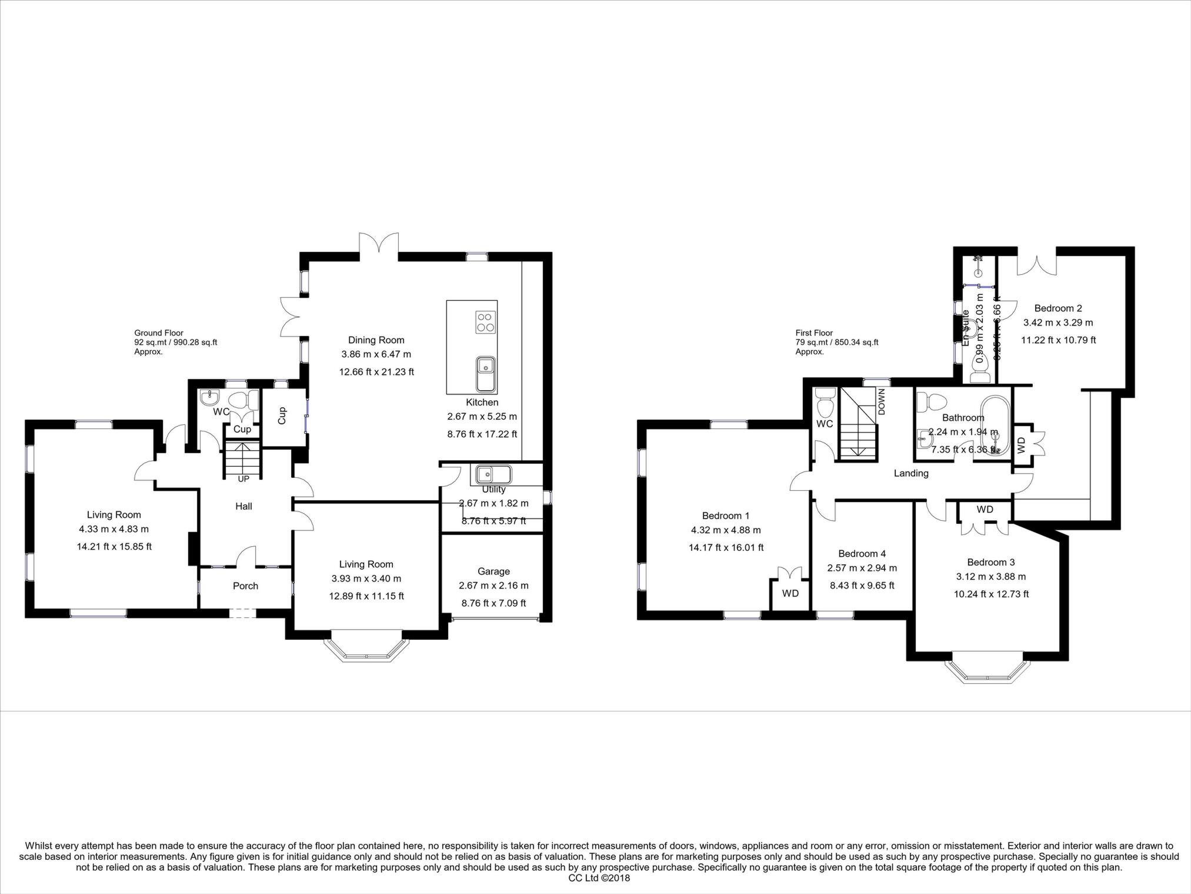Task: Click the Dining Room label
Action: [x=376, y=340]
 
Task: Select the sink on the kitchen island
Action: [x=485, y=373]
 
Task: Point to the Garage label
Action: [x=493, y=571]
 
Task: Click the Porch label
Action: [x=245, y=586]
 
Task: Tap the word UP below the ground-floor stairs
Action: [x=243, y=479]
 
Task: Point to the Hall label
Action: [x=243, y=506]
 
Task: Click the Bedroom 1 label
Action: [x=725, y=516]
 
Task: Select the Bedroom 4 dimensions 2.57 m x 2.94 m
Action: [x=862, y=568]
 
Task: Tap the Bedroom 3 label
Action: [x=990, y=562]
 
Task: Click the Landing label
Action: [x=910, y=473]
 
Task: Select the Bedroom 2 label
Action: [x=1057, y=308]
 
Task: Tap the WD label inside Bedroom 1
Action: [x=790, y=593]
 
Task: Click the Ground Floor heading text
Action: [x=159, y=333]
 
